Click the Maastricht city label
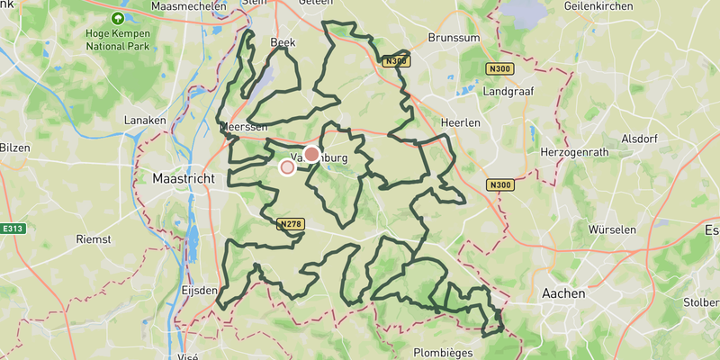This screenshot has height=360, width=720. (x=184, y=179)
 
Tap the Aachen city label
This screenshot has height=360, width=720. (x=563, y=293)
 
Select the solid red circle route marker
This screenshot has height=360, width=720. (x=311, y=155)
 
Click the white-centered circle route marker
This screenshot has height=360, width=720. (x=288, y=166)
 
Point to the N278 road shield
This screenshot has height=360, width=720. (x=290, y=223)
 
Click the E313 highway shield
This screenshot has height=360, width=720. (x=12, y=229)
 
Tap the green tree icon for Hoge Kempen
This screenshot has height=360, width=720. (x=118, y=18)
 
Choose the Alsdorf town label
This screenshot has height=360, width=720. (x=641, y=139)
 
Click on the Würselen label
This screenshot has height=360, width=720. (x=612, y=229)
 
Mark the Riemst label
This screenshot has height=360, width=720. (x=94, y=239)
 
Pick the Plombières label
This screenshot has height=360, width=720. (x=444, y=353)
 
